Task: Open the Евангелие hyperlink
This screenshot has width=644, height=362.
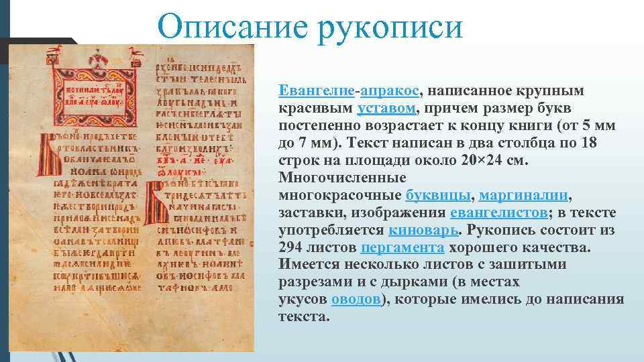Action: [x=317, y=90]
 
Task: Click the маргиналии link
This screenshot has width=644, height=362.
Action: [x=524, y=195]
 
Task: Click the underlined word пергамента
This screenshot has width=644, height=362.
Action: [x=402, y=247]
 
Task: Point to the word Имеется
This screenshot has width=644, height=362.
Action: [x=308, y=265]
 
